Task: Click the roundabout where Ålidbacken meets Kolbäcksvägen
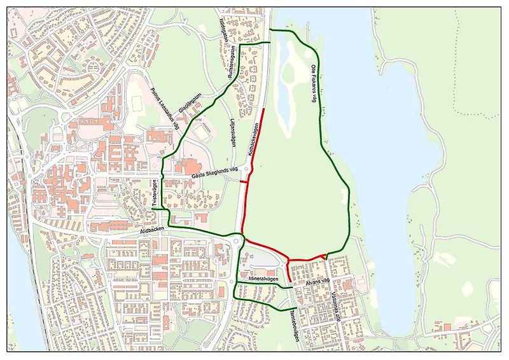(x=239, y=240)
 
